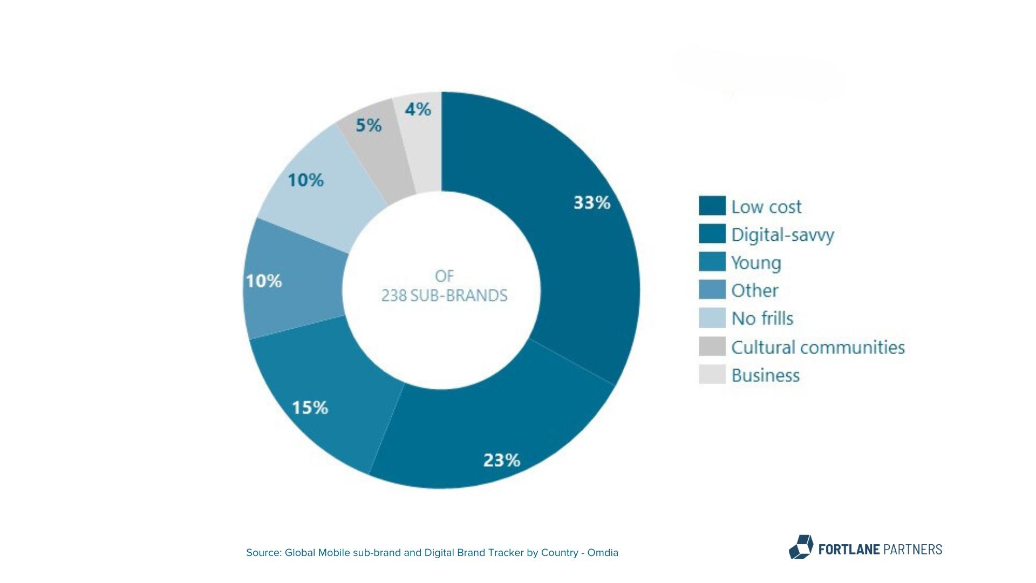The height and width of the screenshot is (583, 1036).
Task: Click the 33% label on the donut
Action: (x=591, y=203)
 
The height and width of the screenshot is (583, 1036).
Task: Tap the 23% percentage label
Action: (x=501, y=460)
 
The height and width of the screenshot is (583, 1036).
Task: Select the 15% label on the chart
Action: (x=310, y=408)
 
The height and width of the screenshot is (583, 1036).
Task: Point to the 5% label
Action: (x=369, y=126)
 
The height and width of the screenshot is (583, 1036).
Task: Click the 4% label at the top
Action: (x=418, y=110)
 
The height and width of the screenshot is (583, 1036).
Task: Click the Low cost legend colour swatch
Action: (x=712, y=206)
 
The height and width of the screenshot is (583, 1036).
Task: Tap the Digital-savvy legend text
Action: (x=782, y=235)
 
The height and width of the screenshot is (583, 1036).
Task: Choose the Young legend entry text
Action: (x=756, y=263)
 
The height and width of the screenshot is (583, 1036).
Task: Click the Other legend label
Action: (x=754, y=290)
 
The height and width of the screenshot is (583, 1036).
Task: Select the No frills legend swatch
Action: (x=712, y=318)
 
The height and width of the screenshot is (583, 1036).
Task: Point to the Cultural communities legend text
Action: (x=817, y=347)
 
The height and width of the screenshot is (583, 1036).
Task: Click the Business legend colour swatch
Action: (x=712, y=375)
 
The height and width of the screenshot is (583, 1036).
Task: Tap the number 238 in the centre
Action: (x=394, y=296)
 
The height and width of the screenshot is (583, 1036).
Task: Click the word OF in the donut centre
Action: (x=444, y=276)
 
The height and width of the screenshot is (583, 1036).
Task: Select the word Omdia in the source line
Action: (x=603, y=553)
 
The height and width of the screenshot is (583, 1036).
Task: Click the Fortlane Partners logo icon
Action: (x=801, y=547)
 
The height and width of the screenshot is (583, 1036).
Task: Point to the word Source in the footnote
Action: (x=263, y=553)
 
